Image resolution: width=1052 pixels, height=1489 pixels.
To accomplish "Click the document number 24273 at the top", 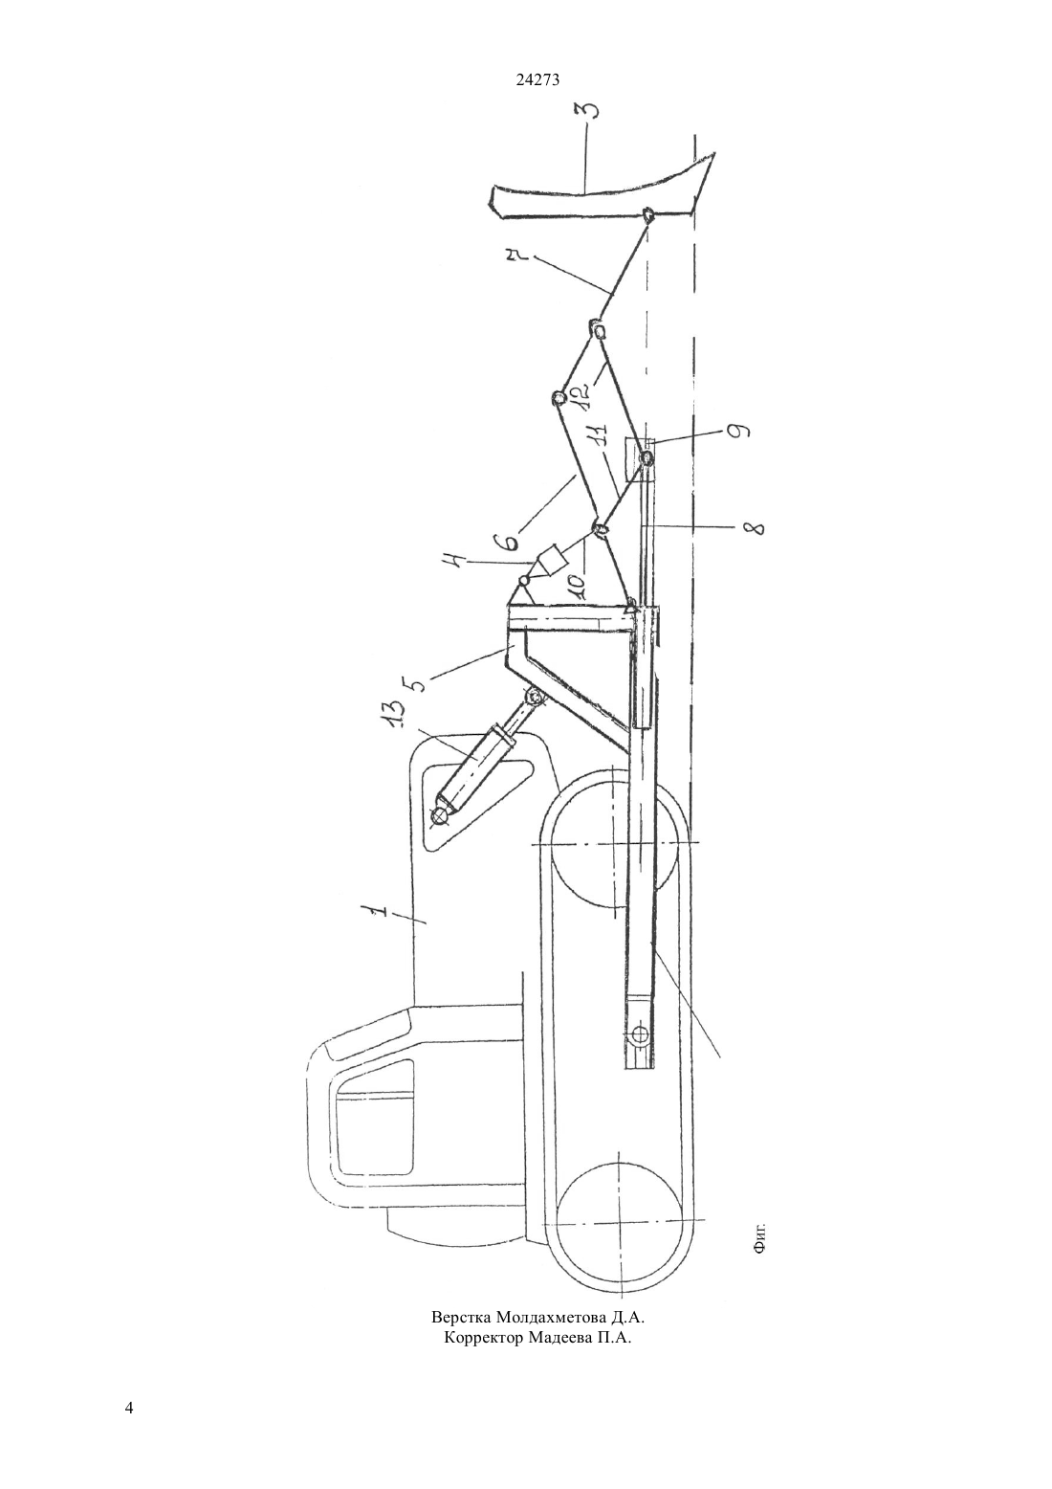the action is [537, 79].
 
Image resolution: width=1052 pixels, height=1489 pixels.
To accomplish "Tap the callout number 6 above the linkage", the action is [508, 541].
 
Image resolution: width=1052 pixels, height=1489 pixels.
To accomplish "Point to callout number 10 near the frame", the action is [576, 583].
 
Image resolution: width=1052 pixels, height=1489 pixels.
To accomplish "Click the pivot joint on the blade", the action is [647, 214].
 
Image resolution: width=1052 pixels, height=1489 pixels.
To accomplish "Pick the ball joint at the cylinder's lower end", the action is [440, 815].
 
